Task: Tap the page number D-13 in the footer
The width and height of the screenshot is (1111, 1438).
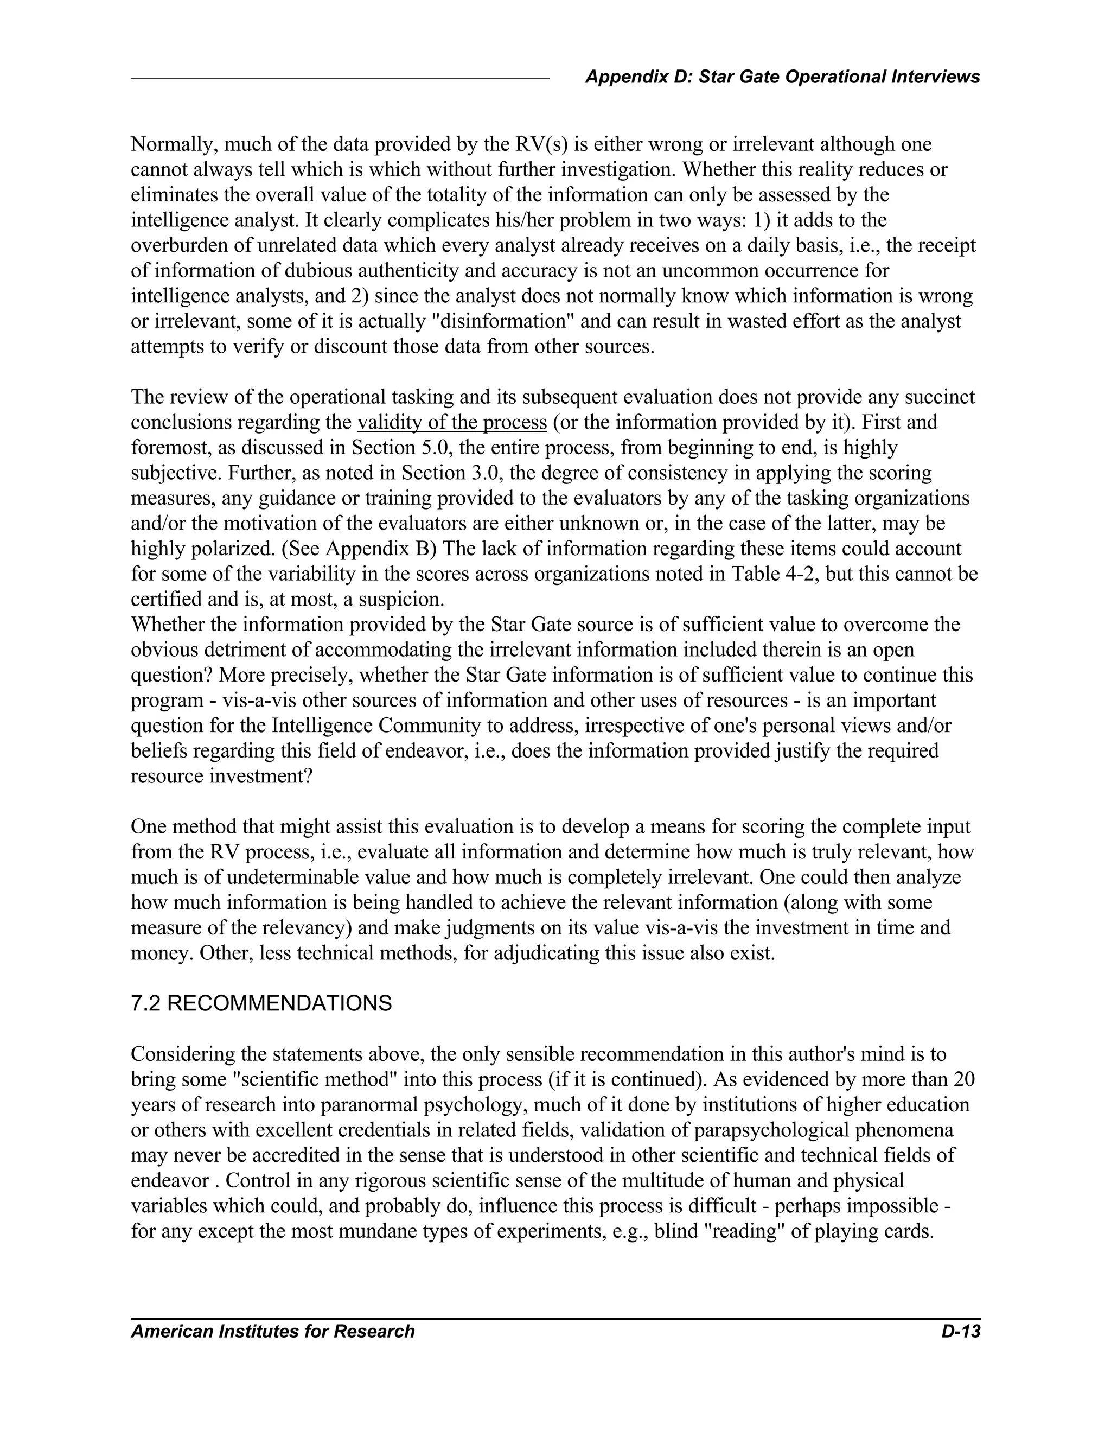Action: (960, 1331)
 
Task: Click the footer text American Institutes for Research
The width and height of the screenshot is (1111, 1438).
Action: (272, 1331)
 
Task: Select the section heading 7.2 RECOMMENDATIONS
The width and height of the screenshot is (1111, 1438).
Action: (261, 1003)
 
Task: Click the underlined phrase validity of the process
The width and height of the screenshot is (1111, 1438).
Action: (452, 422)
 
